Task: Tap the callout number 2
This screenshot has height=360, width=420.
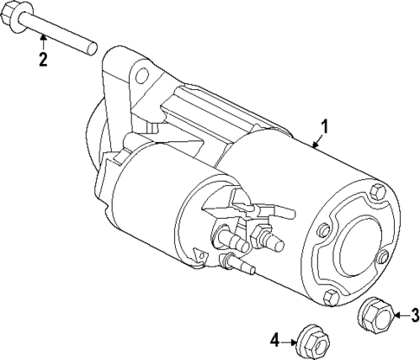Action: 42,60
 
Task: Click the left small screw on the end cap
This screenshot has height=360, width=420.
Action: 322,231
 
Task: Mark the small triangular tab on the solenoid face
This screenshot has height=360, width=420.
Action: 200,257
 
